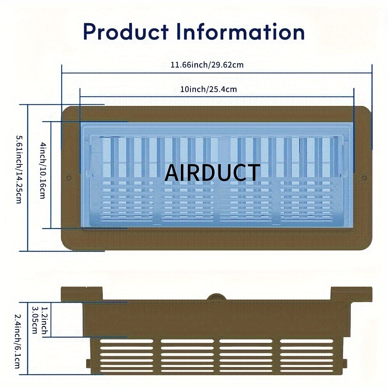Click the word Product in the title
[126, 32]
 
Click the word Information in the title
[241, 32]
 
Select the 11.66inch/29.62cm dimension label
[207, 65]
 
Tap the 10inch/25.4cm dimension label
[208, 89]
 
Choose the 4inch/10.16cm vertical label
[43, 170]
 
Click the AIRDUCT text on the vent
[212, 173]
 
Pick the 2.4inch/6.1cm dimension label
[17, 341]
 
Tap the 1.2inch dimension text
[44, 320]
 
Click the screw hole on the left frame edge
[69, 178]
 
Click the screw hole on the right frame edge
[364, 178]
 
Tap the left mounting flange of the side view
[81, 293]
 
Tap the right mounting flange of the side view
[352, 293]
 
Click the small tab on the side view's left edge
[88, 364]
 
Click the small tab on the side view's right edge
[345, 364]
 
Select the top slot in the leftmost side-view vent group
[127, 341]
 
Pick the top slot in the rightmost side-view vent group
[307, 341]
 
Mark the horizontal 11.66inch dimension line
[217, 73]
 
